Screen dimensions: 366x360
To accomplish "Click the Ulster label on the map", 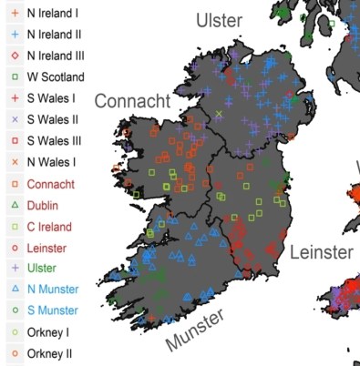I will (220, 20).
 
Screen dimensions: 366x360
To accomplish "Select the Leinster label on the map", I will (321, 252).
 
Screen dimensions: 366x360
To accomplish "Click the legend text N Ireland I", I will (52, 14).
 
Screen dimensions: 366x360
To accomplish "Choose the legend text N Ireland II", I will (54, 35).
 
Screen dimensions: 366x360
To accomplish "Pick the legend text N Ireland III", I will (56, 56).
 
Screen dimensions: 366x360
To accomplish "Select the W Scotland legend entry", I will (56, 77).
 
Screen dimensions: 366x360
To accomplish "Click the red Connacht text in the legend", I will (51, 184).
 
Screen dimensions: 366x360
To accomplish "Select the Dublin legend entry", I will (43, 206).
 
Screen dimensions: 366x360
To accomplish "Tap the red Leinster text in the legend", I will (49, 248).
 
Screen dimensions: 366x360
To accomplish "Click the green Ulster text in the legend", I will (42, 269).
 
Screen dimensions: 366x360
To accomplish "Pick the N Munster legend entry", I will (54, 290).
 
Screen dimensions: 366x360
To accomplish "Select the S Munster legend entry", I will (54, 310).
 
